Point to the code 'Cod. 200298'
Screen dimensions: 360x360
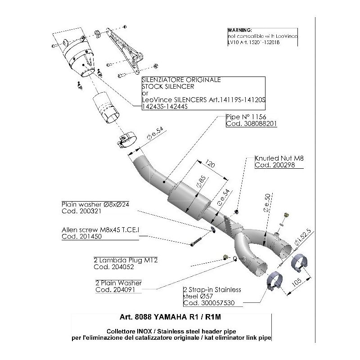pyautogui.click(x=272, y=165)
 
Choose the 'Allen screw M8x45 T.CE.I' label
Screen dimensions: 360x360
pyautogui.click(x=100, y=229)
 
